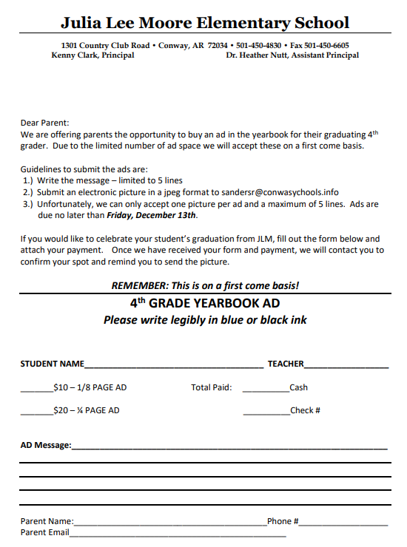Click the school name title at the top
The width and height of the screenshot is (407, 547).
205,23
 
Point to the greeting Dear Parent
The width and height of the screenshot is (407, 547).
44,123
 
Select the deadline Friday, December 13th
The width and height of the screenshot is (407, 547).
151,216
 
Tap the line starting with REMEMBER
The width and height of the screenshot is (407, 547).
205,285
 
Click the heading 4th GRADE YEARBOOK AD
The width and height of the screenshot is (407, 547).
205,304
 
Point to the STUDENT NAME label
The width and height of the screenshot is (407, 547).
52,364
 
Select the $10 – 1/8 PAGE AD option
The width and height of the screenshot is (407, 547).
90,387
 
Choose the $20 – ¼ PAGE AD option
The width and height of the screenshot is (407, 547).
86,410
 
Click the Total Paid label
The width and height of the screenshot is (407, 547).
212,387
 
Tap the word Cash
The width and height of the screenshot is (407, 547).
299,387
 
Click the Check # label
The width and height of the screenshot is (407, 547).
305,410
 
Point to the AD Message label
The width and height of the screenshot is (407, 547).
46,445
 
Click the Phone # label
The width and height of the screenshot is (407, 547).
283,521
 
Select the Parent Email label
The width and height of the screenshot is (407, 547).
45,532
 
